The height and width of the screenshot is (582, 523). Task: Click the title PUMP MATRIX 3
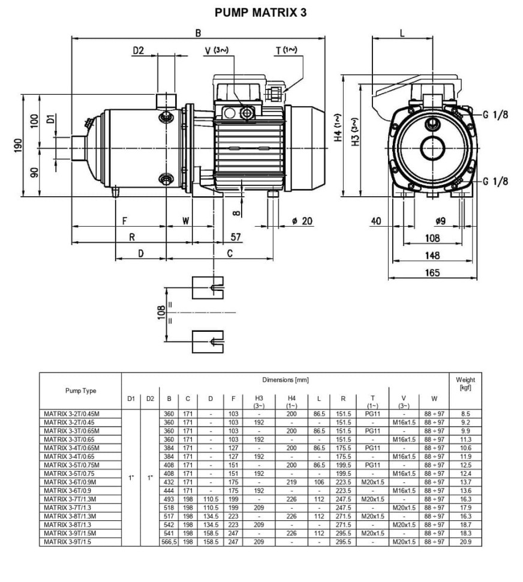click(x=261, y=12)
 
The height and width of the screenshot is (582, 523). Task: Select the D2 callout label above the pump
click(x=139, y=52)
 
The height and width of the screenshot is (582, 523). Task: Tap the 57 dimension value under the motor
click(x=235, y=238)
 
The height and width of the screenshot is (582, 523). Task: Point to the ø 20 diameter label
click(x=302, y=221)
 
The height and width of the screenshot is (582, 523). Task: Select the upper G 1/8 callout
click(x=495, y=115)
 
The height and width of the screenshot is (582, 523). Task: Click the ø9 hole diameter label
click(x=440, y=221)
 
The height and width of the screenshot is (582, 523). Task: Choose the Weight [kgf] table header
click(x=465, y=383)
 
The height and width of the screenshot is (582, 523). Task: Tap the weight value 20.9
click(x=465, y=542)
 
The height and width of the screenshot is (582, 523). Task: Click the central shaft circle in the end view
click(x=433, y=147)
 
